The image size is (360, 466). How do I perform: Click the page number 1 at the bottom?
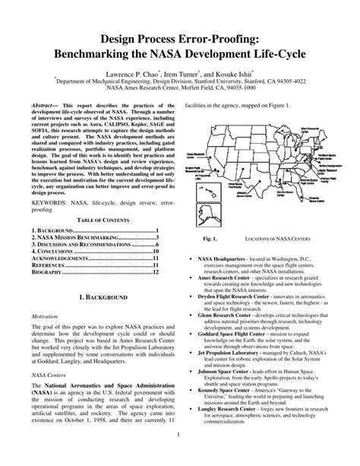179,456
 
